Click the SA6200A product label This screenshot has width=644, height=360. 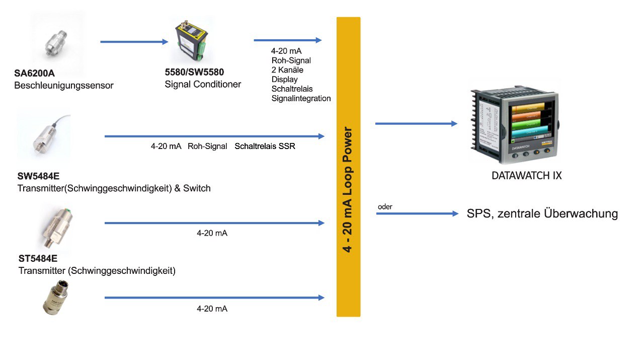(34, 73)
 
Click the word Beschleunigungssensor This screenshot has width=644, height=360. (64, 86)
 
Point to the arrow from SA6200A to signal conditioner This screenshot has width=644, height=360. (134, 42)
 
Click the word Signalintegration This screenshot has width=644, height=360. (301, 98)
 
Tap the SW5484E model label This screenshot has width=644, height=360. (38, 176)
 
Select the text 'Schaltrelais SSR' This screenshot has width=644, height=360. (265, 146)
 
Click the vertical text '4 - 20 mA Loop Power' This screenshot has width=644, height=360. (348, 189)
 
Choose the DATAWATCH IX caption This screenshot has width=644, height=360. (526, 176)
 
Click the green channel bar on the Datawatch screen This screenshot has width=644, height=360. (528, 124)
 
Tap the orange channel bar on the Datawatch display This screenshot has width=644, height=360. (528, 116)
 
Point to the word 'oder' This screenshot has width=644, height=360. (385, 206)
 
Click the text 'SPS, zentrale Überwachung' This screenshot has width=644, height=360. (542, 213)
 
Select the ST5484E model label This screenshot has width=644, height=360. (38, 258)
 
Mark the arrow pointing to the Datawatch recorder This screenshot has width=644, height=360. (416, 124)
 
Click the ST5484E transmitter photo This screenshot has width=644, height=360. (56, 228)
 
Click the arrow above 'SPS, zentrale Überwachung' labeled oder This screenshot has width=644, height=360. (418, 213)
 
